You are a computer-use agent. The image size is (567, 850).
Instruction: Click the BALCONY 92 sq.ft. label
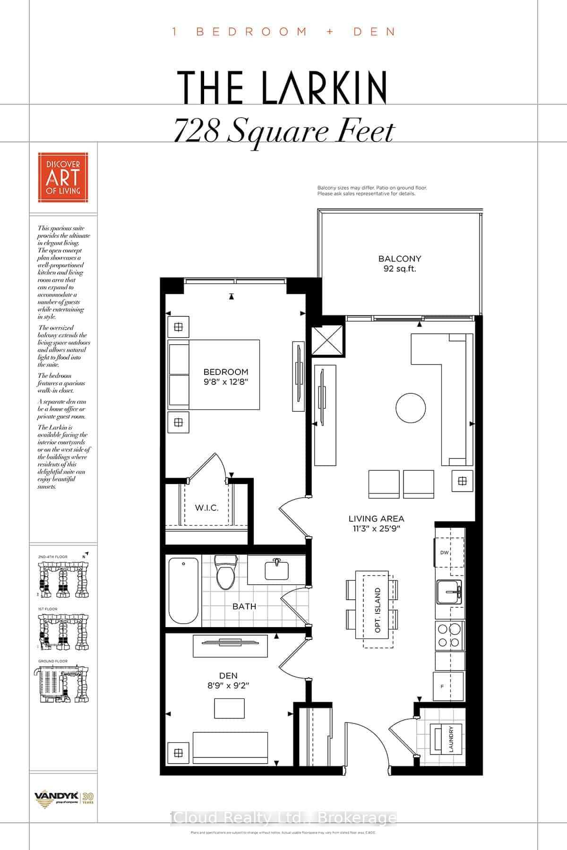(399, 264)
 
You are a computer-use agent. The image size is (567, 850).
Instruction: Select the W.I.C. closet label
(206, 508)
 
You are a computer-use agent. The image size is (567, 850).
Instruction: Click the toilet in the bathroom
(225, 572)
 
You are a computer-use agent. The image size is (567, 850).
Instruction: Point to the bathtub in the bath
(183, 591)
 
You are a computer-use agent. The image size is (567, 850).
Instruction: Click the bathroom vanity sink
(277, 569)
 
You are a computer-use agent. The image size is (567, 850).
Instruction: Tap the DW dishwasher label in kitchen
(444, 552)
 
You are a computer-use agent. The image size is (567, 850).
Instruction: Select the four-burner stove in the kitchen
(449, 635)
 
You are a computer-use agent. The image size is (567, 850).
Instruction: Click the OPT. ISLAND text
(378, 610)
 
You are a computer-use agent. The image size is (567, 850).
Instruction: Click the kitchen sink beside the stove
(449, 592)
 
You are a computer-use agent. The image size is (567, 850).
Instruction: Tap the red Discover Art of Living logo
(63, 177)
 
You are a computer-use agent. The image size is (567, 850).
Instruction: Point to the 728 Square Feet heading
(283, 132)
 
